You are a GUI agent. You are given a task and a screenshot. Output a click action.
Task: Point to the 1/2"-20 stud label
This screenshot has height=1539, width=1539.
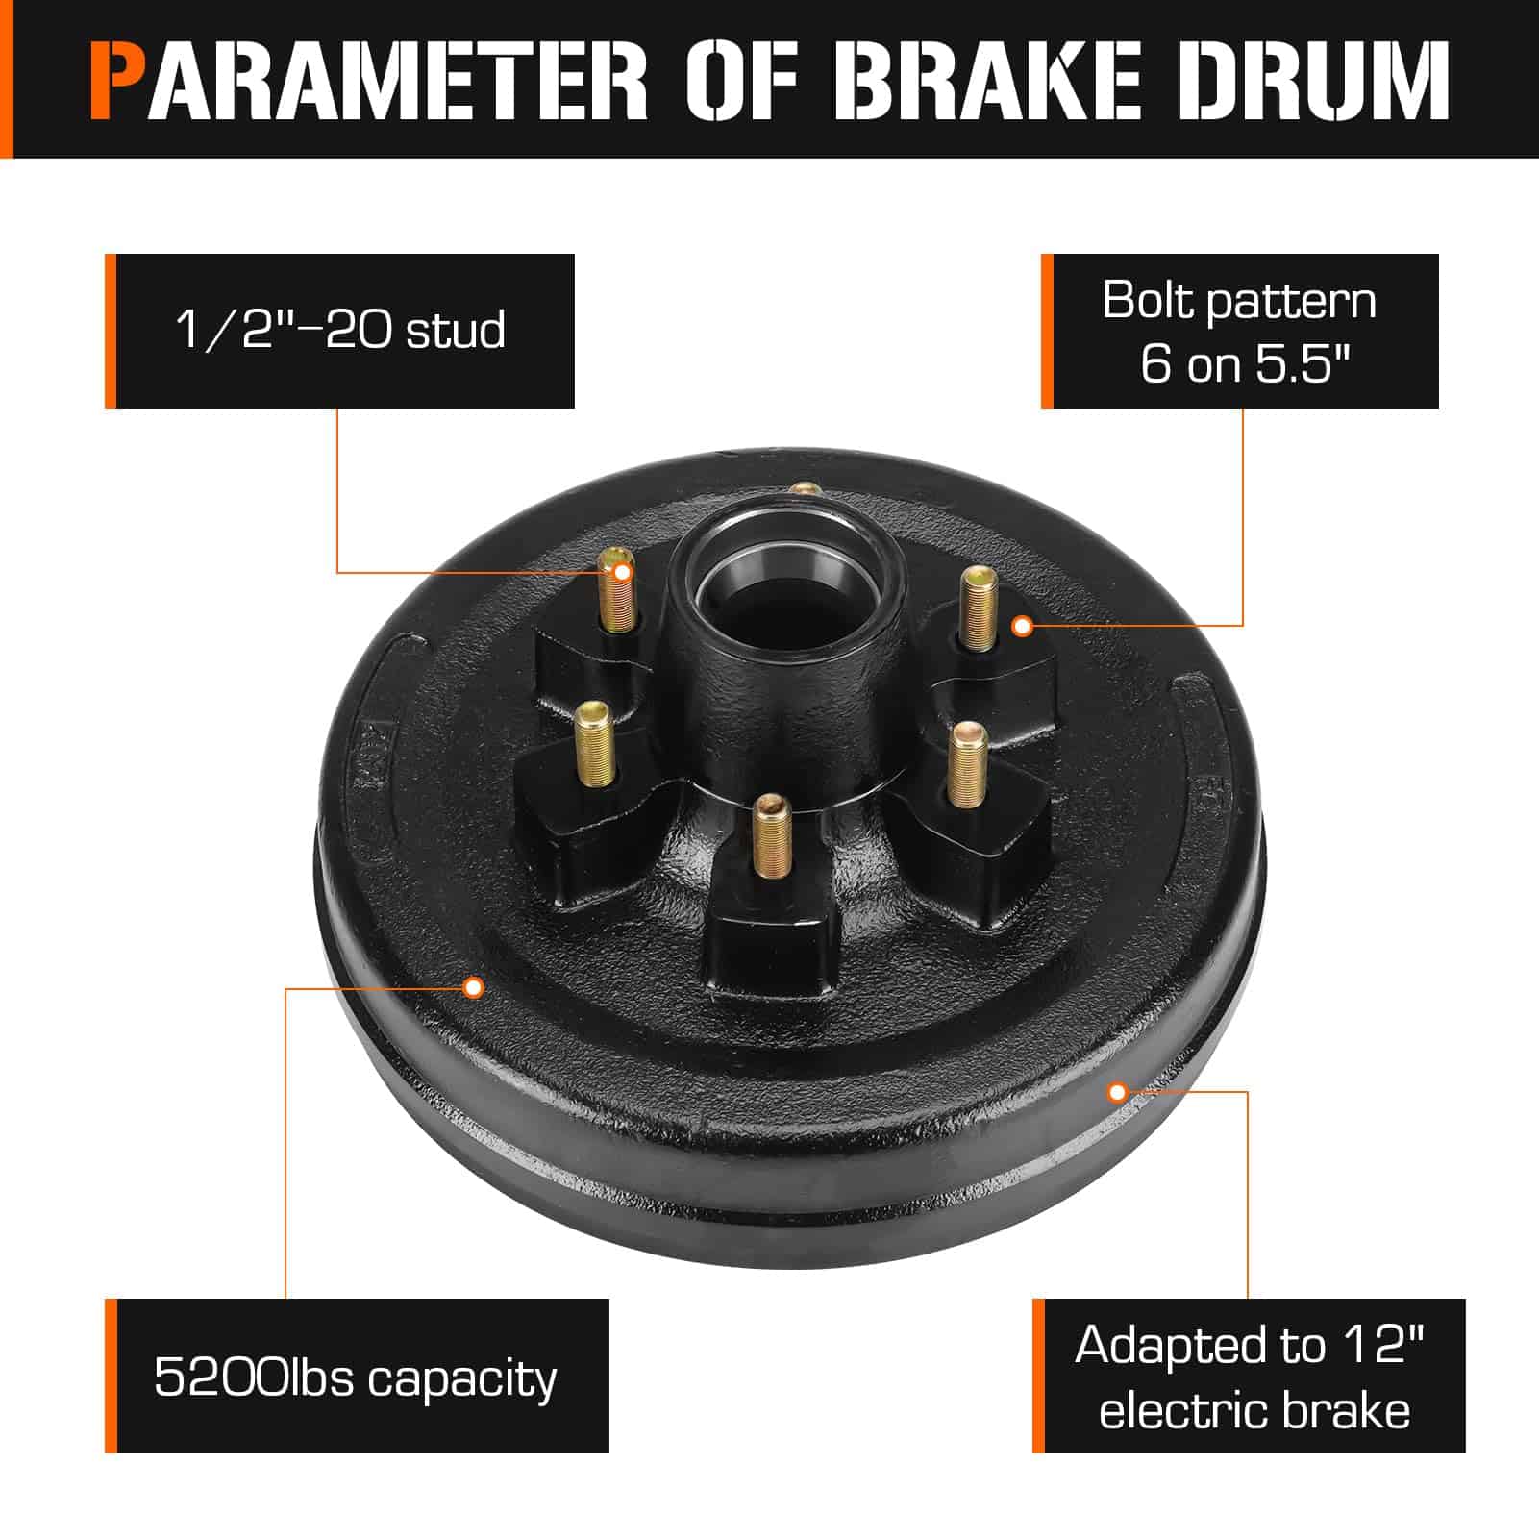point(340,330)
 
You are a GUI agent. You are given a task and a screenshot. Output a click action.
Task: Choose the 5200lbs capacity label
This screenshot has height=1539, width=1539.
point(356,1378)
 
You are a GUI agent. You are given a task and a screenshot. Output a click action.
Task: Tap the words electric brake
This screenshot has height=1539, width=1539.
point(1254,1410)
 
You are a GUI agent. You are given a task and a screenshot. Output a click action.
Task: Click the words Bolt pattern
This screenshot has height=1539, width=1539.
point(1239,300)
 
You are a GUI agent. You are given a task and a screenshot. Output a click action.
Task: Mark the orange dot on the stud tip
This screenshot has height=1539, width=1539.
point(622,573)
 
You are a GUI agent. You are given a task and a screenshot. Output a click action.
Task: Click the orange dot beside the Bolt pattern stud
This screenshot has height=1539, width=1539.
point(1023,627)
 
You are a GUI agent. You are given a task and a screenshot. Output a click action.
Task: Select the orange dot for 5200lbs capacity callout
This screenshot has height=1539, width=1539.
point(473,987)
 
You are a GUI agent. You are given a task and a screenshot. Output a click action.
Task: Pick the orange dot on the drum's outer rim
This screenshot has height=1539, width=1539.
point(1117,1092)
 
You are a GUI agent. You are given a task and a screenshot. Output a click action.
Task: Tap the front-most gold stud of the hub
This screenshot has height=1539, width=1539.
point(769,834)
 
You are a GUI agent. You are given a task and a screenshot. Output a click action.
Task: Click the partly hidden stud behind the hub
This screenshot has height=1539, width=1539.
point(804,489)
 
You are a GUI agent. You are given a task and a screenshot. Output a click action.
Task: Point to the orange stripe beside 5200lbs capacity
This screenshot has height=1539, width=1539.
point(111,1376)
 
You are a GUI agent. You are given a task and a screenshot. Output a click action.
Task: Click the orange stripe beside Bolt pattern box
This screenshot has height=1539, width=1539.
point(1047,331)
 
